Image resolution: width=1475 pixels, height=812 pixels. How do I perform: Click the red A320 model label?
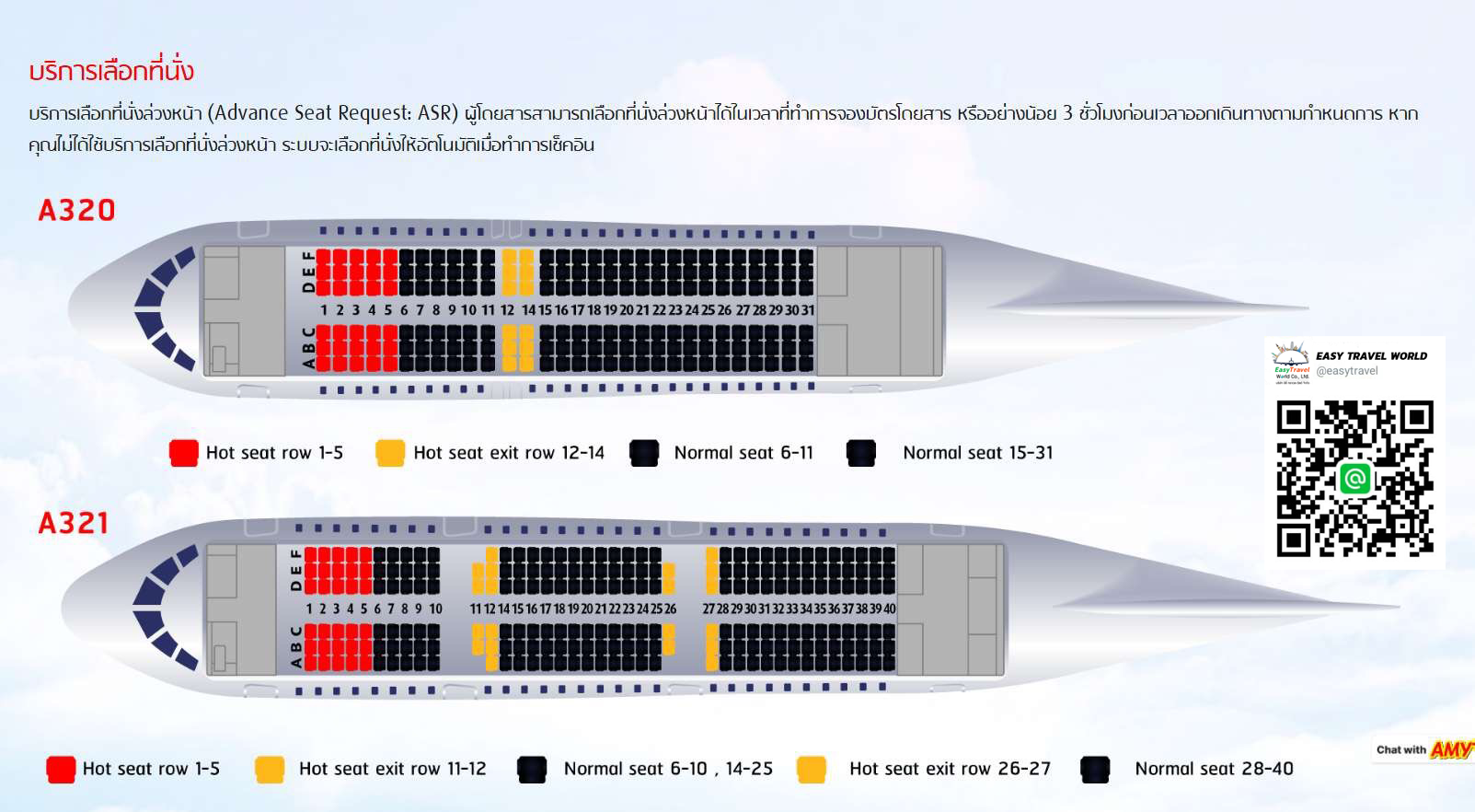76,211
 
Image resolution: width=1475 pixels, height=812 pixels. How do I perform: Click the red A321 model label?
74,524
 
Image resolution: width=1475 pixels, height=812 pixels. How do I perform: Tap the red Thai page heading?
111,71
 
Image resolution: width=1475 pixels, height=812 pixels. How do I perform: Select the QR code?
1354,479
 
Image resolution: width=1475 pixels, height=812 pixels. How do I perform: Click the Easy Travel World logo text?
1371,356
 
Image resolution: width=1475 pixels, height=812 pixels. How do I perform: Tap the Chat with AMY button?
1424,749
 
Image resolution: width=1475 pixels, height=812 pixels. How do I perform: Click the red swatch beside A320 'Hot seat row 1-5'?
184,453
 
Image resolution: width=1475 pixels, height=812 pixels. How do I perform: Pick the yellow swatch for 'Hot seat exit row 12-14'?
390,453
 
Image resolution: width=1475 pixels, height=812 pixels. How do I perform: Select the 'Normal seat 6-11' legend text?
743,453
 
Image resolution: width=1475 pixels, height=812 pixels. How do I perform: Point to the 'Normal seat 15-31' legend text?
978,453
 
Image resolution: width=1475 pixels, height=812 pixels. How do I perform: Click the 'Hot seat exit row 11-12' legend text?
393,769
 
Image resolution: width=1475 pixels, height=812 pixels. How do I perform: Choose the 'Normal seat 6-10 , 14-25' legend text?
668,769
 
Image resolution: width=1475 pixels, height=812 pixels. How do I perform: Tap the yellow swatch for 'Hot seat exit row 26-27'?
812,769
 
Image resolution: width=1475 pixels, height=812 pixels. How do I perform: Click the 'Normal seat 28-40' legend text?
1214,769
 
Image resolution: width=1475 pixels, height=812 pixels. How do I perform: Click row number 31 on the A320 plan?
808,310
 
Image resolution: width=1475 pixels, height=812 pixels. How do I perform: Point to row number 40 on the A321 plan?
890,609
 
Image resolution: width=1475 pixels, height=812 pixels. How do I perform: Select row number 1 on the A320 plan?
324,310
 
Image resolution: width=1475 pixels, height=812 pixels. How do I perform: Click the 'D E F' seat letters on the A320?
308,272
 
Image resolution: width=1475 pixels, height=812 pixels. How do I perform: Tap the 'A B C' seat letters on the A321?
296,646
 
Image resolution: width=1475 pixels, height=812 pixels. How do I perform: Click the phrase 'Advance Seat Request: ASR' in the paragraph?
333,113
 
